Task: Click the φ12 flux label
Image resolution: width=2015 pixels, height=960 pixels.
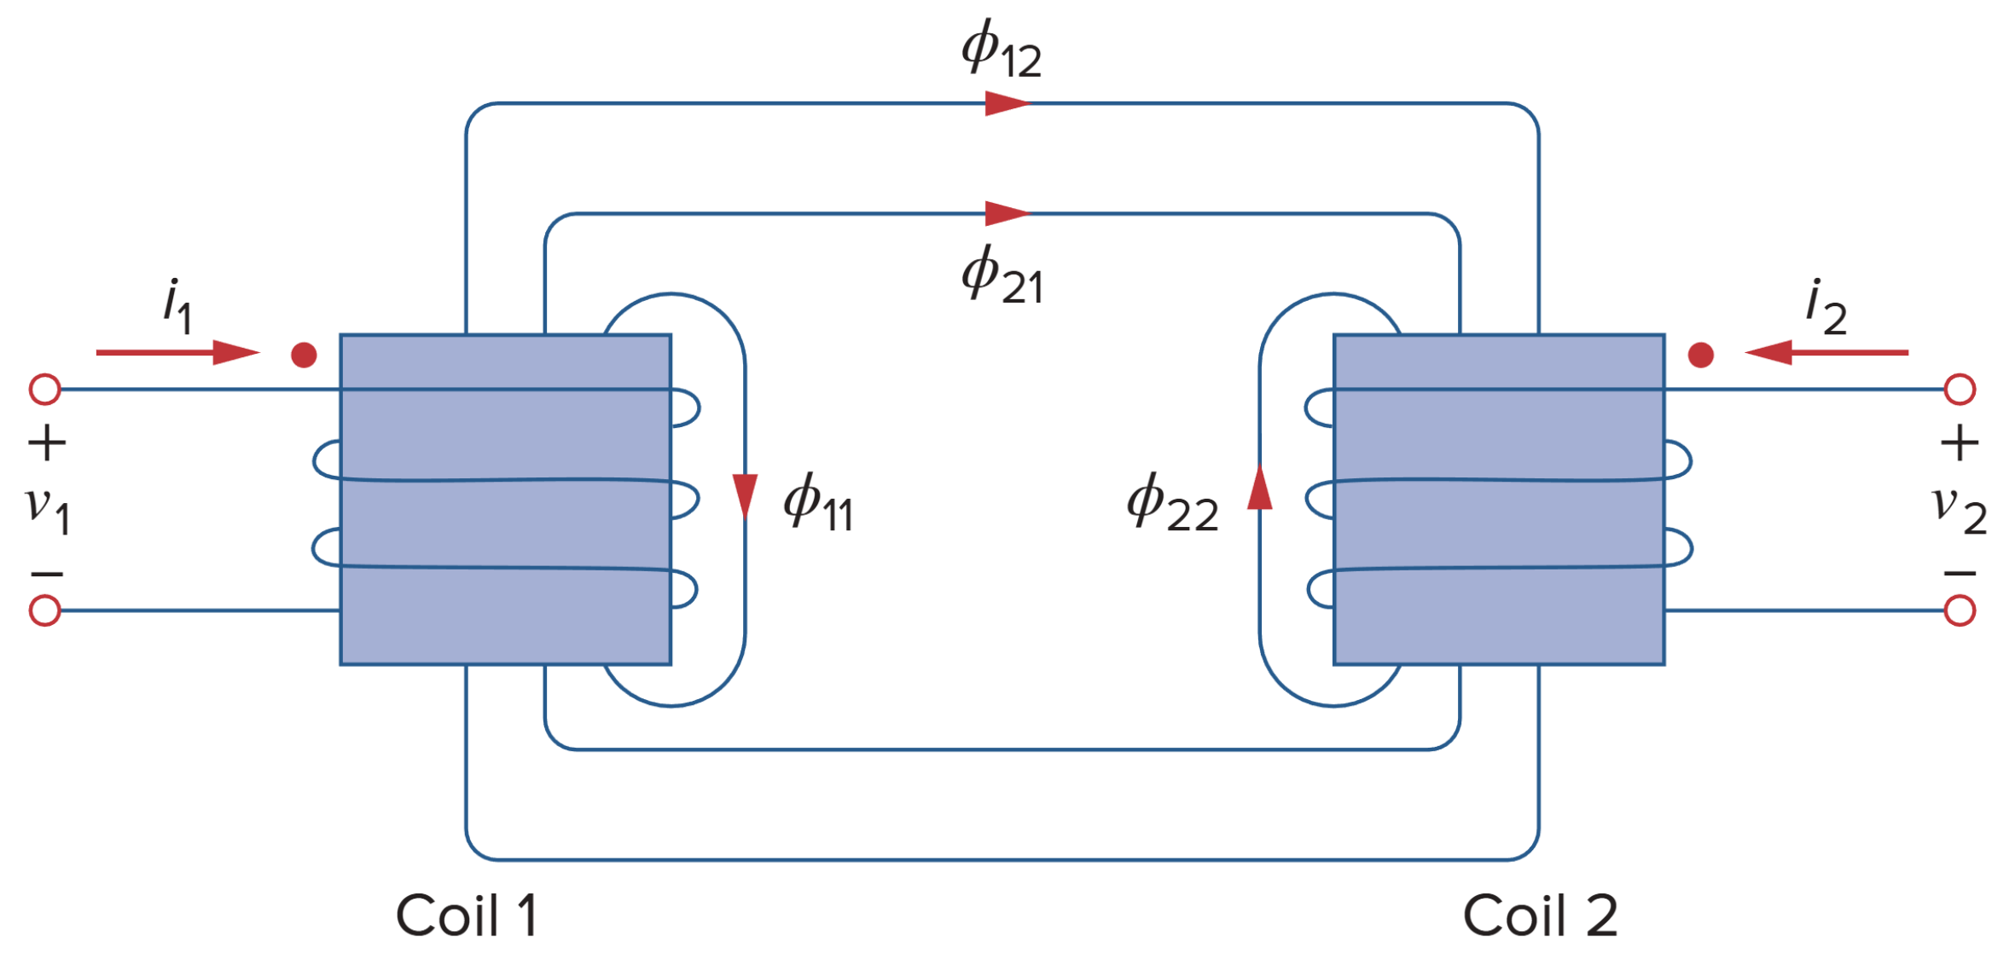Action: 1001,49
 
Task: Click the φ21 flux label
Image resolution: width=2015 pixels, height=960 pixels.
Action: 1002,275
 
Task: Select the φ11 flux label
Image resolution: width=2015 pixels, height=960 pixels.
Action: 817,503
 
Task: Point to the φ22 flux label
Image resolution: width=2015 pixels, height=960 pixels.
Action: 1172,503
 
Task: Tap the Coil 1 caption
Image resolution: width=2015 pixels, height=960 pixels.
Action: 467,917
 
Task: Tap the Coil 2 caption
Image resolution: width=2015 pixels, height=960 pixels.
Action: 1540,917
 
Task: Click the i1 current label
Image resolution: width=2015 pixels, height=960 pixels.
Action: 177,305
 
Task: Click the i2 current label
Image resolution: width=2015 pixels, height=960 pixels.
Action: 1826,307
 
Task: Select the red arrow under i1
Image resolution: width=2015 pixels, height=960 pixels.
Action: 177,352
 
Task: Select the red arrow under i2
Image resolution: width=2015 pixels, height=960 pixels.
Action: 1826,352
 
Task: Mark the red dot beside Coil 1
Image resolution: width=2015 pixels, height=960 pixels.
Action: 304,355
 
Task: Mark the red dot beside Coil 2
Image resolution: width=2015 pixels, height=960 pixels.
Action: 1700,355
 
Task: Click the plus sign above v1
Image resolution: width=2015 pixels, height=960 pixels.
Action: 47,444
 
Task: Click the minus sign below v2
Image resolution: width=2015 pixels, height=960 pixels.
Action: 1960,574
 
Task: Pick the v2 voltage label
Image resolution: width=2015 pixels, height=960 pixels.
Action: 1959,510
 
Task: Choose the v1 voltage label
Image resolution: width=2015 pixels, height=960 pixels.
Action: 48,510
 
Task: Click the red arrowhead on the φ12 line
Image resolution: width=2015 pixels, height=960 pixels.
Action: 1007,104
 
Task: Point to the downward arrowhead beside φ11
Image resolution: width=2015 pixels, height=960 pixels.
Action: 745,494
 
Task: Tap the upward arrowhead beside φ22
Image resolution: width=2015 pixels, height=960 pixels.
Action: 1260,488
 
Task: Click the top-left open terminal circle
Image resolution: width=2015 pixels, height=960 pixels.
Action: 45,390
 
